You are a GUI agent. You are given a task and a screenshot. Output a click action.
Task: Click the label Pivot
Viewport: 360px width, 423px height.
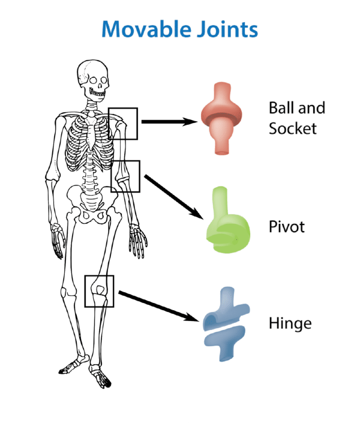coord(287,227)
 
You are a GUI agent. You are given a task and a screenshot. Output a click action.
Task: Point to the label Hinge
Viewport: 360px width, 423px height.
coord(290,324)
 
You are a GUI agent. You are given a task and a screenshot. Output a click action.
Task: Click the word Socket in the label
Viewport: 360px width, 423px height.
coord(293,128)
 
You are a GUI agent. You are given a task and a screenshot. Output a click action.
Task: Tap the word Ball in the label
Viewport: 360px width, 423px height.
coord(281,108)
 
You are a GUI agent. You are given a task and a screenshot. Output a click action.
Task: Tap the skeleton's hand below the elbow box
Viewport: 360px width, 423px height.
coord(139,240)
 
